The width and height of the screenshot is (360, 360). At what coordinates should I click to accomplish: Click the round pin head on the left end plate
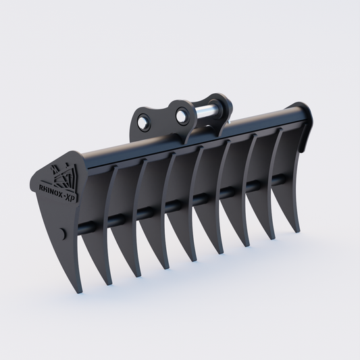(x=63, y=233)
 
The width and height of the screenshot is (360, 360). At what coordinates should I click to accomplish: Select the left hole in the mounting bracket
(x=145, y=124)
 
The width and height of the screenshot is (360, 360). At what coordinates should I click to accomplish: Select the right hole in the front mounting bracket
(x=182, y=116)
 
